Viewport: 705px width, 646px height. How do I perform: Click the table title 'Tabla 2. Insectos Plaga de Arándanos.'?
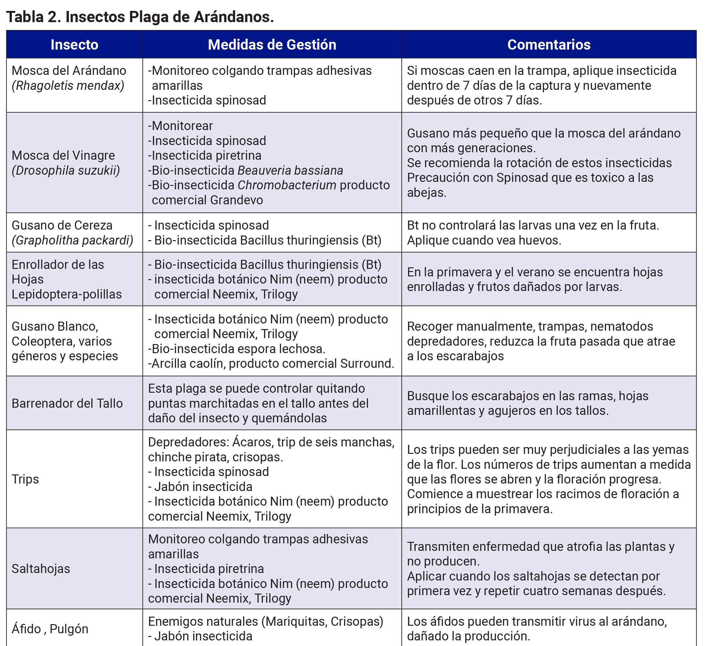coord(140,17)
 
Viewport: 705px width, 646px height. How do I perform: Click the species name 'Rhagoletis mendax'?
coord(68,86)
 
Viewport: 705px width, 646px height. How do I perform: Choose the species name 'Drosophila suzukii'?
coord(66,170)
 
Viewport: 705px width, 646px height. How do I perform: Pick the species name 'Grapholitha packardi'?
coord(73,240)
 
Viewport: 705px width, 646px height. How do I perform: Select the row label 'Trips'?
coord(25,479)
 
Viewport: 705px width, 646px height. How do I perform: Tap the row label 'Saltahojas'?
coord(41,569)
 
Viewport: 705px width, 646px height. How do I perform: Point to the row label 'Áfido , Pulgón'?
coord(50,629)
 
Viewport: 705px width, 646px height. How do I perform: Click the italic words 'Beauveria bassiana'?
coord(290,170)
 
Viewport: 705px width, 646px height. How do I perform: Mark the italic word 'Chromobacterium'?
coord(287,185)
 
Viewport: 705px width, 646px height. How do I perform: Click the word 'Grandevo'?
coord(237,200)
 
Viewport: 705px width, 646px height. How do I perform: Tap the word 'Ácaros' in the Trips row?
coord(252,442)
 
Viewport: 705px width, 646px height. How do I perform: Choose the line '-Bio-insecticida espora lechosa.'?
coord(237,349)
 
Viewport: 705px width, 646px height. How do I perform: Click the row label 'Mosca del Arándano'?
coord(69,71)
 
